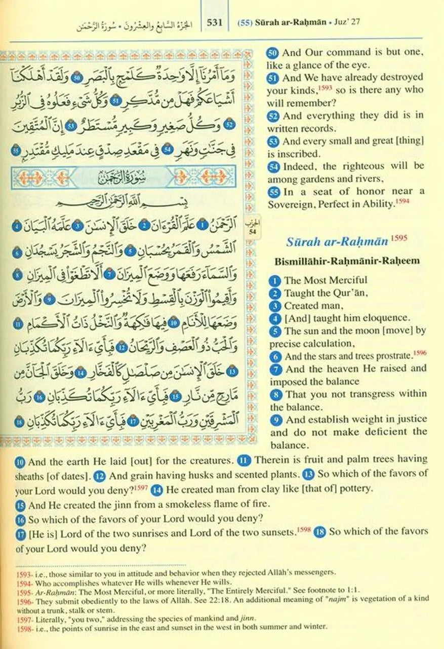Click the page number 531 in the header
[x=216, y=22]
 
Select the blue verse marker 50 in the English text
[x=273, y=52]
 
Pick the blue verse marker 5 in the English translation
[x=275, y=331]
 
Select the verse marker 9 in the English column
[x=276, y=420]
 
